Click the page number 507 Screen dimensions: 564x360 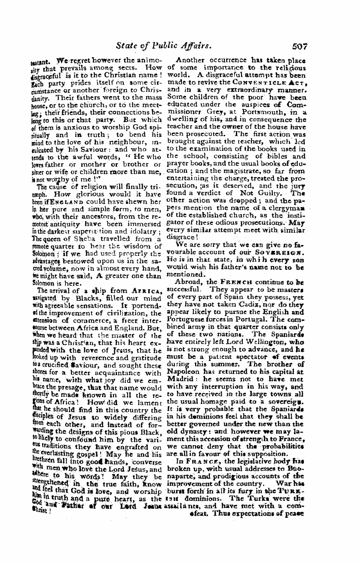(x=298, y=47)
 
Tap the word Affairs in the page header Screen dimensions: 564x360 (x=196, y=47)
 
